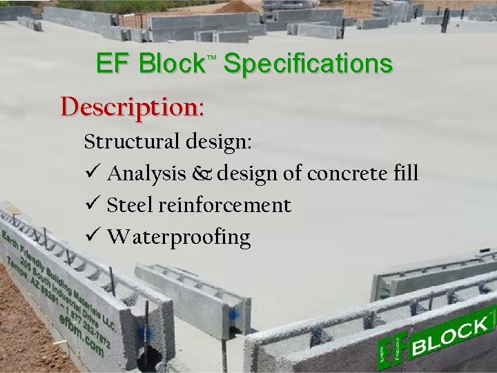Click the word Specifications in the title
pyautogui.click(x=309, y=64)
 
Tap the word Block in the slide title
pyautogui.click(x=170, y=64)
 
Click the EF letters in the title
pyautogui.click(x=114, y=64)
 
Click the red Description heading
pyautogui.click(x=132, y=107)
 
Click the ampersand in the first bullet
pyautogui.click(x=204, y=174)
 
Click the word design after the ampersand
pyautogui.click(x=247, y=174)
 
